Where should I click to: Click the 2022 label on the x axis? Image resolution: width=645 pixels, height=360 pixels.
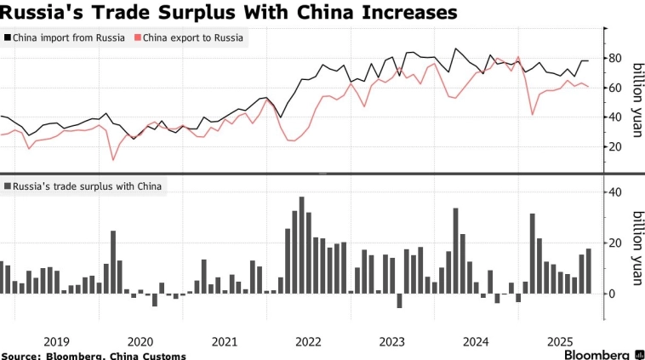coord(308,341)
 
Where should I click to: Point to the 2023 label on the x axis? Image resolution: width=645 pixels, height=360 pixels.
coord(392,341)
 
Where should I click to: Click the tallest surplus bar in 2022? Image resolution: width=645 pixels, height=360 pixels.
coord(301,245)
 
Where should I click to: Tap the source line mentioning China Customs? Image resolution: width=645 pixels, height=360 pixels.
coord(93,355)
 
